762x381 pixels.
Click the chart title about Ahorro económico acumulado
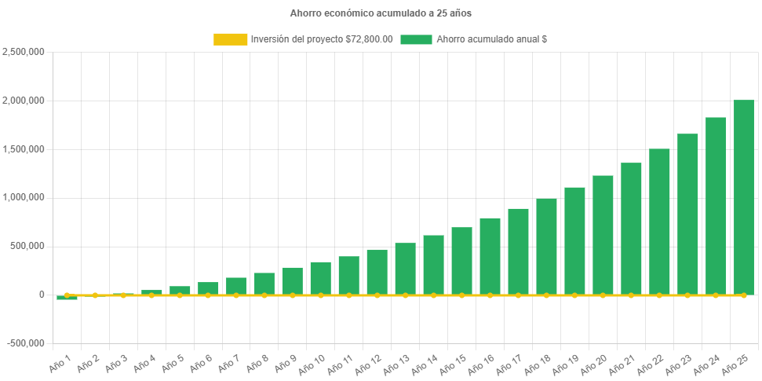[x=381, y=13]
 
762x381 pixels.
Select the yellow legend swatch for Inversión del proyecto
[x=229, y=39]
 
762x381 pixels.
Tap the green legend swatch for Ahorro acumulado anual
[x=416, y=39]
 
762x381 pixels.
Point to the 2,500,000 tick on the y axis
[x=24, y=52]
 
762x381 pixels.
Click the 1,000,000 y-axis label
[x=24, y=197]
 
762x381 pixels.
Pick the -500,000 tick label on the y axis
[x=25, y=343]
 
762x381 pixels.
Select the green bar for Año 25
[x=743, y=197]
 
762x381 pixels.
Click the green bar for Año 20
[x=603, y=235]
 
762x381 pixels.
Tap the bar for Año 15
[x=461, y=261]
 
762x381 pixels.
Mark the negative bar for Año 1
[x=67, y=298]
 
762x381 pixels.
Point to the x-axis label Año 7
[x=228, y=364]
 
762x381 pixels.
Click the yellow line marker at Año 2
[x=95, y=295]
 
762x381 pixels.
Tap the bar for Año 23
[x=687, y=214]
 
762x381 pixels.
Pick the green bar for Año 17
[x=518, y=251]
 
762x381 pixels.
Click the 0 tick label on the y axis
[x=41, y=295]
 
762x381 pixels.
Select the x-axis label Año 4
[x=144, y=364]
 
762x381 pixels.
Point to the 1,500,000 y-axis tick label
[x=24, y=149]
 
